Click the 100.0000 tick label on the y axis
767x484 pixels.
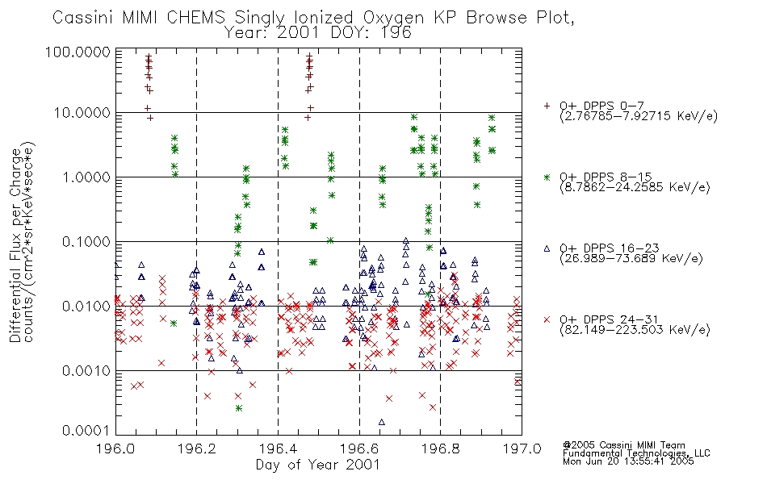[x=78, y=52]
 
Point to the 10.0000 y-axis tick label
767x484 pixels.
[x=82, y=113]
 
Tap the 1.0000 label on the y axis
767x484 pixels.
[x=86, y=177]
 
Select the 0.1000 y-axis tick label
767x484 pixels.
[x=86, y=241]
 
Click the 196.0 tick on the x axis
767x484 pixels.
[x=115, y=449]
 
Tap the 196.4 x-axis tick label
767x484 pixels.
[x=278, y=449]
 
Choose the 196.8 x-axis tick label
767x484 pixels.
[x=440, y=449]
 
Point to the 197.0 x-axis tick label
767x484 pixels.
[x=522, y=449]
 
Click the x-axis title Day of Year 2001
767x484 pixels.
[x=318, y=465]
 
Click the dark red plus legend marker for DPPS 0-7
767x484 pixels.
[x=547, y=106]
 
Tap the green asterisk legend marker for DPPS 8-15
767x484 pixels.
[x=547, y=177]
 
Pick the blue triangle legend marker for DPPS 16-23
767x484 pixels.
[x=547, y=248]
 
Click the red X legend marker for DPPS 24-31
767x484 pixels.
[x=547, y=319]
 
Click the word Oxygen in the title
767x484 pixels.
[x=393, y=18]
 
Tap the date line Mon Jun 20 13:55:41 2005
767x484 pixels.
[x=628, y=461]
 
